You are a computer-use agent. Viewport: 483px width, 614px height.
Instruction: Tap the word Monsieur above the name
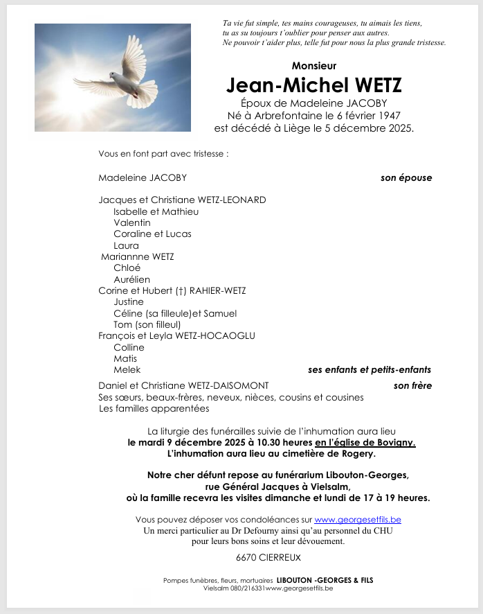tap(314, 66)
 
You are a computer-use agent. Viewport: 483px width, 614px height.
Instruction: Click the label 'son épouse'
tap(406, 178)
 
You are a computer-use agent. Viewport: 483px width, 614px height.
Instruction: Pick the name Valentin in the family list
tap(132, 223)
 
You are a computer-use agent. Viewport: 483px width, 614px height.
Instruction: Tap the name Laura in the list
tap(126, 245)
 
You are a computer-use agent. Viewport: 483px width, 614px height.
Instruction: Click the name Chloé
tap(127, 268)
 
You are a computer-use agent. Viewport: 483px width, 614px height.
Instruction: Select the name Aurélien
tap(131, 279)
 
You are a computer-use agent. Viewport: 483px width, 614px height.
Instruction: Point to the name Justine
tap(129, 302)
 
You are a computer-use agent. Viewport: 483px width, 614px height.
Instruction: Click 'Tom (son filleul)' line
tap(147, 324)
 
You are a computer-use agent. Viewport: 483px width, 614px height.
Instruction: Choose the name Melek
tap(127, 370)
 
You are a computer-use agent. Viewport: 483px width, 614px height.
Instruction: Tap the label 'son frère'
tap(412, 386)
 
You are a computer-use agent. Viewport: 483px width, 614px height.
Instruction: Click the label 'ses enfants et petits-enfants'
tap(370, 370)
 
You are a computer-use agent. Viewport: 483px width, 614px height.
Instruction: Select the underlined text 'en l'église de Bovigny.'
tap(365, 442)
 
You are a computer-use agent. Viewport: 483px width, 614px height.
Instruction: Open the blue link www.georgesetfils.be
tap(358, 520)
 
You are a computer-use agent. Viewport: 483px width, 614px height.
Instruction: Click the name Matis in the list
tap(126, 359)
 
